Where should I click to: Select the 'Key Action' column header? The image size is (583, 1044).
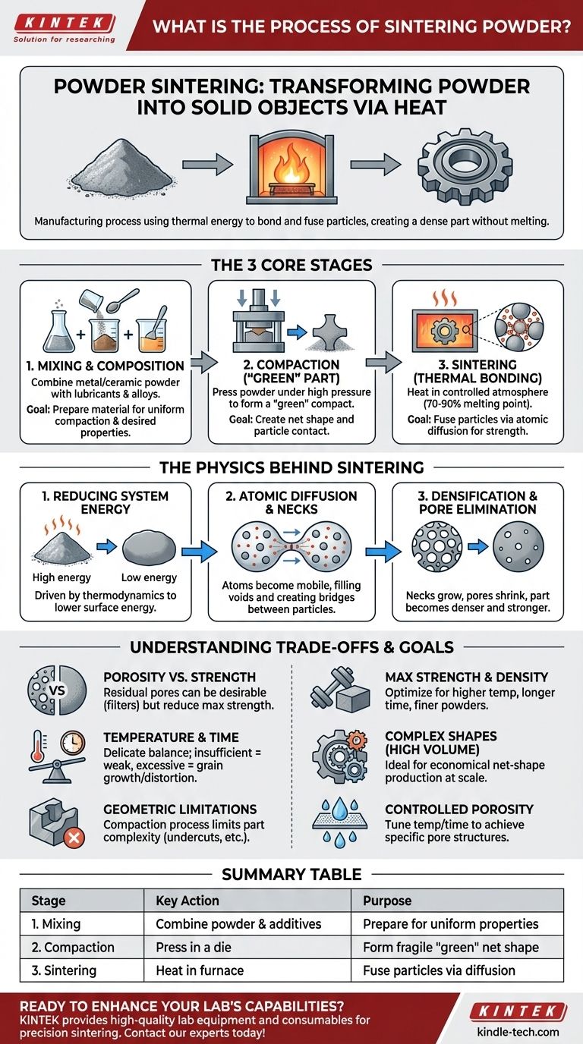pyautogui.click(x=187, y=901)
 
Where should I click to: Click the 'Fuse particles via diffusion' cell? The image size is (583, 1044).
pyautogui.click(x=439, y=970)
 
